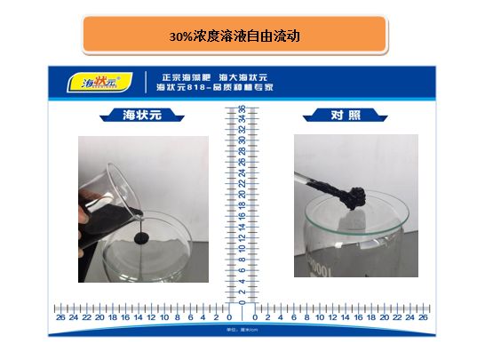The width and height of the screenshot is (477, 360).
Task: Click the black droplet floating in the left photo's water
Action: click(140, 238)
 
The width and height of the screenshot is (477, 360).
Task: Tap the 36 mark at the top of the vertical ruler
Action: click(241, 108)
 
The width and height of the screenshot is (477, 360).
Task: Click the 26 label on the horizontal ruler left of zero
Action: click(60, 316)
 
